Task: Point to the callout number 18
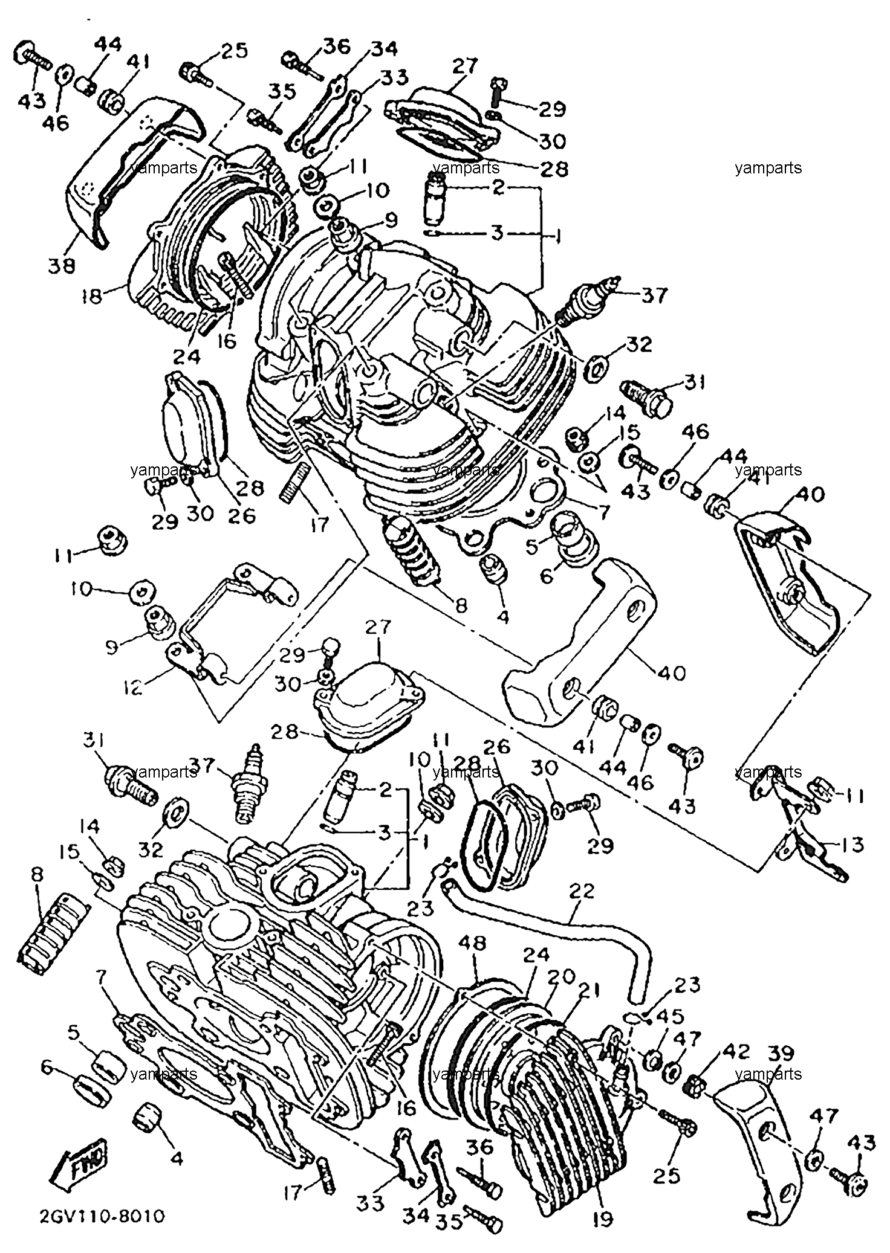tap(93, 297)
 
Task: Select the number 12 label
tap(132, 687)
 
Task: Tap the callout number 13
tap(853, 844)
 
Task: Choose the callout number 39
tap(780, 1053)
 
